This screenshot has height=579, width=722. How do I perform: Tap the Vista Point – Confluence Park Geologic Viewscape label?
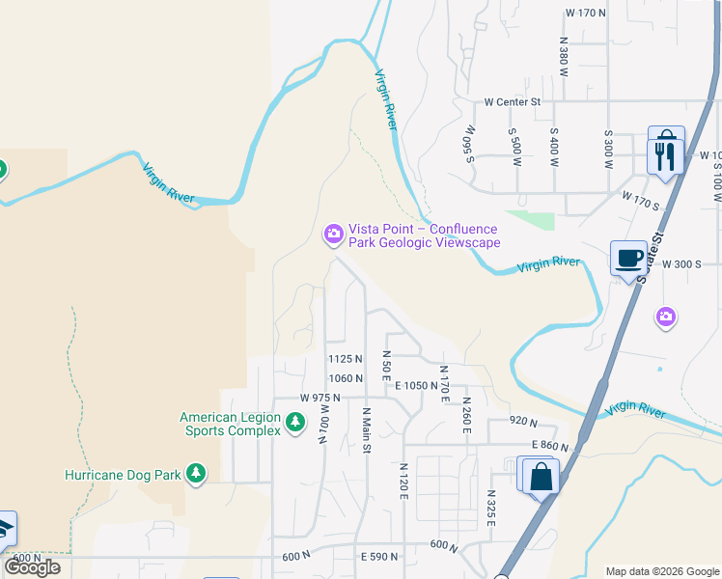tap(424, 235)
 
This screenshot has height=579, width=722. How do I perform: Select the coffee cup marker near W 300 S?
tap(628, 259)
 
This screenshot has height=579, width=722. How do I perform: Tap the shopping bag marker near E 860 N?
tap(541, 476)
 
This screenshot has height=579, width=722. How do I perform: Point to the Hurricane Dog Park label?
tap(123, 475)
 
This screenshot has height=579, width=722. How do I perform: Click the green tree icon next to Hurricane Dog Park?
tap(196, 473)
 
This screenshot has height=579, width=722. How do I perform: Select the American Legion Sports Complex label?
tap(230, 424)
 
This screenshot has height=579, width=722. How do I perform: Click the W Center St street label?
tap(513, 101)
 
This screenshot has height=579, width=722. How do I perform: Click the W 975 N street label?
tap(321, 398)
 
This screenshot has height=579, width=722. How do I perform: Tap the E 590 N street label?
tap(379, 557)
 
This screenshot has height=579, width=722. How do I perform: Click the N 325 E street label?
tap(490, 508)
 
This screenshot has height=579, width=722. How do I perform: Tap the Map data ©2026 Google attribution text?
tap(662, 571)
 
